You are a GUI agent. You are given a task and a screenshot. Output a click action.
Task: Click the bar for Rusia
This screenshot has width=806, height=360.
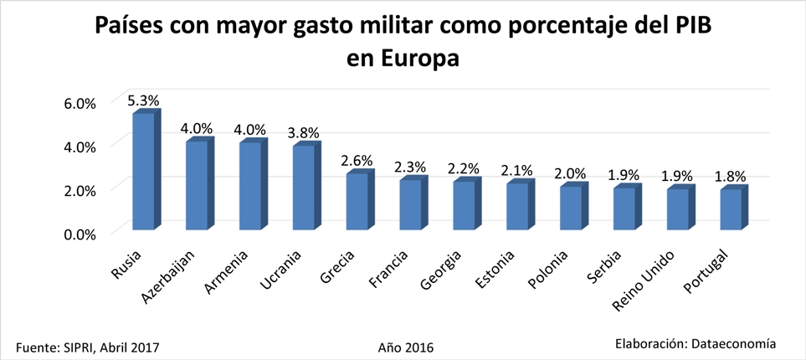pyautogui.click(x=144, y=171)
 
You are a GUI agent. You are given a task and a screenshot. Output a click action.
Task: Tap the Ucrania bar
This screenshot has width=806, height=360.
pyautogui.click(x=303, y=187)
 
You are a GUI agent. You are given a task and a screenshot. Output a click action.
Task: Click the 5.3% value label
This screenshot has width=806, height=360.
pyautogui.click(x=143, y=100)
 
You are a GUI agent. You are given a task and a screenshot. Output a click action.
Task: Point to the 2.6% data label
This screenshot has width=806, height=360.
pyautogui.click(x=357, y=160)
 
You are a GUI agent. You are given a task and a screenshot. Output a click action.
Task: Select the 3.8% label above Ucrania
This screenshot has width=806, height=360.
pyautogui.click(x=304, y=133)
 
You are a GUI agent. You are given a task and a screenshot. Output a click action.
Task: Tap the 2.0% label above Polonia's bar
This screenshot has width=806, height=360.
pyautogui.click(x=570, y=173)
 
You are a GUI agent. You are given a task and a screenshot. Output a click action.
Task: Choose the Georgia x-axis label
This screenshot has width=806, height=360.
pyautogui.click(x=443, y=267)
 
